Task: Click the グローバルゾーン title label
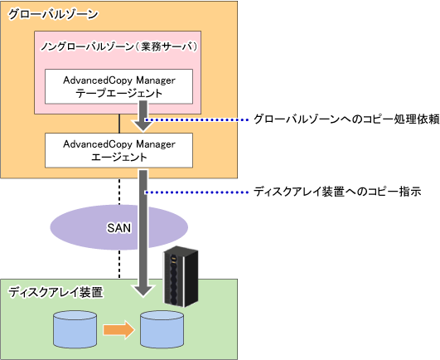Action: tap(53, 14)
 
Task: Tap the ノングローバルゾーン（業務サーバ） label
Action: tap(119, 46)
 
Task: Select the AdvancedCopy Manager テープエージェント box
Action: tap(119, 86)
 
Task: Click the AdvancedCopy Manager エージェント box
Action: tap(119, 150)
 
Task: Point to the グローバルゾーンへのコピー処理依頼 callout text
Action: tap(346, 119)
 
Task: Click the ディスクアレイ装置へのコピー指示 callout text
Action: tap(337, 192)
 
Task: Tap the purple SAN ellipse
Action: tap(119, 227)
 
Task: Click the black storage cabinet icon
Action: tap(181, 276)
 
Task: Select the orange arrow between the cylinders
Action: tap(119, 329)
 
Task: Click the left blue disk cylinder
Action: tap(75, 329)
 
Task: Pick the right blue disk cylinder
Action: tap(162, 329)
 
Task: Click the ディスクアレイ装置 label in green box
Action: tap(56, 292)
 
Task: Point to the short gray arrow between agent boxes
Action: tap(143, 116)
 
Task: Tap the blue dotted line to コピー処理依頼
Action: tap(196, 120)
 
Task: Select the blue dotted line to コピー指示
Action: tap(196, 192)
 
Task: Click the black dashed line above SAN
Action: tap(119, 192)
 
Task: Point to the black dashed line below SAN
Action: tap(119, 265)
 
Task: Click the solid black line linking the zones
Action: tap(119, 124)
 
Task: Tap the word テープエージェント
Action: tap(119, 93)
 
